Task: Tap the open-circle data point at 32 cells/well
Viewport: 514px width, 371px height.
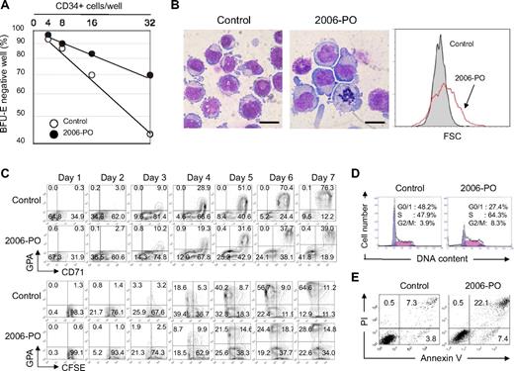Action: [149, 134]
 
